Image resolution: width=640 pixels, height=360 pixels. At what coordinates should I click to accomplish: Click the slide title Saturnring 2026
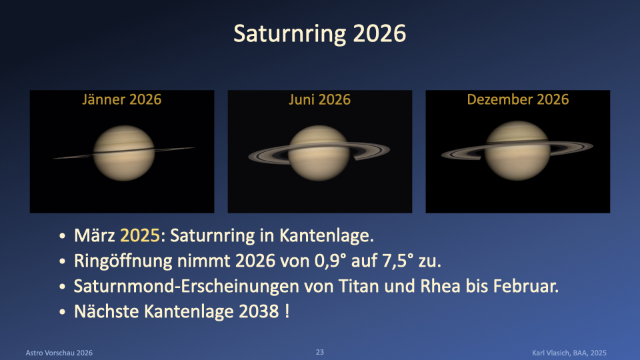[x=319, y=33]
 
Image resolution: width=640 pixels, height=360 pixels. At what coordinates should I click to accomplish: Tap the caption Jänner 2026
[x=121, y=99]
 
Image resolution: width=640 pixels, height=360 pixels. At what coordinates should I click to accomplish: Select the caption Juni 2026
[x=319, y=99]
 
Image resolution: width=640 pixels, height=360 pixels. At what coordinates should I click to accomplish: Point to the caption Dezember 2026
[x=517, y=99]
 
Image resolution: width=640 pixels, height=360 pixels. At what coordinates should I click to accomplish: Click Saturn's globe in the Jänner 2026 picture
[x=124, y=153]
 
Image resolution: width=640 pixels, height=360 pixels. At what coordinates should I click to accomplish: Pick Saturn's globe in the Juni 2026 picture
[x=319, y=153]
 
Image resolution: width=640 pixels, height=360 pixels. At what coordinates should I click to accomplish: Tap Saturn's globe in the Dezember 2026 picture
[x=517, y=151]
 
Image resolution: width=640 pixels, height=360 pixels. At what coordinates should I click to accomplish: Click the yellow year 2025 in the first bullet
[x=139, y=235]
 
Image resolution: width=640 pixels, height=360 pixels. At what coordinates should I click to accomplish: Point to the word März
[x=94, y=235]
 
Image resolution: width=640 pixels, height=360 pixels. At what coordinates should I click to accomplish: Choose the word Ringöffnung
[x=123, y=261]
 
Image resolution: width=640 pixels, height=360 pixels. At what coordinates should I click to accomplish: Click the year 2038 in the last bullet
[x=259, y=311]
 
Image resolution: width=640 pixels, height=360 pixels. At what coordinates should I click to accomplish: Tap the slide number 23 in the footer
[x=319, y=352]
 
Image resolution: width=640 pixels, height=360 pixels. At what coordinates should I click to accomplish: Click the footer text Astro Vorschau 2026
[x=59, y=353]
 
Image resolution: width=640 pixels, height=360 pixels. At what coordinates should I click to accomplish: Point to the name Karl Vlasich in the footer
[x=550, y=353]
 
